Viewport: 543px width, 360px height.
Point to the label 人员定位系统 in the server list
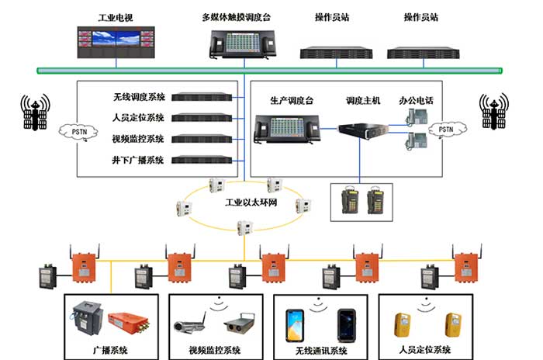pyautogui.click(x=139, y=118)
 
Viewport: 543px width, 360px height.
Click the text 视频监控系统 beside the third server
pyautogui.click(x=139, y=139)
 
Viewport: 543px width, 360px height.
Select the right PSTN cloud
pyautogui.click(x=445, y=129)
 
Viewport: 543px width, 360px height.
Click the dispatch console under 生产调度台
pyautogui.click(x=286, y=127)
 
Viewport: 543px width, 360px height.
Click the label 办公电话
pyautogui.click(x=417, y=101)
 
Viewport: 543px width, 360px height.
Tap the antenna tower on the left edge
pyautogui.click(x=34, y=114)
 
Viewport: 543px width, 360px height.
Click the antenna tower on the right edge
pyautogui.click(x=494, y=112)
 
